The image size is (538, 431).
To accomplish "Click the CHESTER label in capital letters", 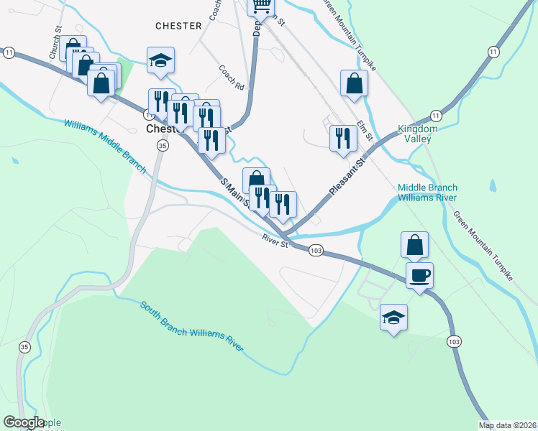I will click(x=178, y=26).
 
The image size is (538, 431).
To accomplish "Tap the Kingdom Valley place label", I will click(x=418, y=134).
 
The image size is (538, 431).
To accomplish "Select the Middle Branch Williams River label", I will click(x=427, y=192).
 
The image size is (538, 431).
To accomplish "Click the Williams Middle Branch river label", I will click(x=104, y=146).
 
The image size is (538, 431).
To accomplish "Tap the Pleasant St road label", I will click(x=348, y=176).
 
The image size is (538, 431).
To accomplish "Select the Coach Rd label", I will click(x=232, y=78).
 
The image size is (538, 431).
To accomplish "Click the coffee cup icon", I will click(x=419, y=274).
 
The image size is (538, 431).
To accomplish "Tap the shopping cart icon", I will click(x=261, y=6).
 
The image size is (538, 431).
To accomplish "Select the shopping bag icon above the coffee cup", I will click(x=415, y=244).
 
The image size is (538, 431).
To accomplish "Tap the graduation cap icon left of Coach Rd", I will click(x=160, y=60).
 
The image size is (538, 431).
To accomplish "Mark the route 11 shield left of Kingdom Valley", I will click(x=436, y=115).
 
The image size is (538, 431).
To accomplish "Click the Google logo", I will click(x=24, y=423).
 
